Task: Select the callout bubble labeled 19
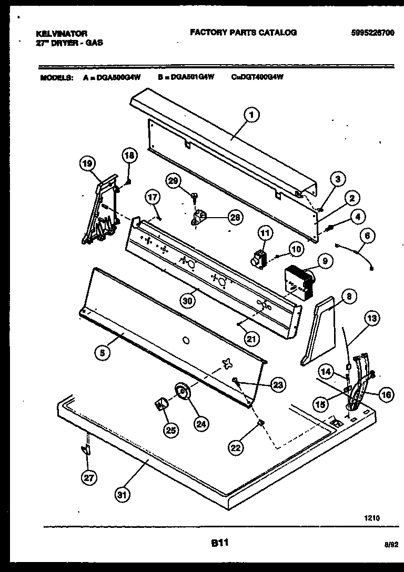(x=88, y=164)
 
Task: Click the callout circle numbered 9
(x=325, y=260)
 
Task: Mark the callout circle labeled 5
(x=104, y=354)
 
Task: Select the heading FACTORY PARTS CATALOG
(x=243, y=33)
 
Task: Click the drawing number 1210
(x=371, y=518)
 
